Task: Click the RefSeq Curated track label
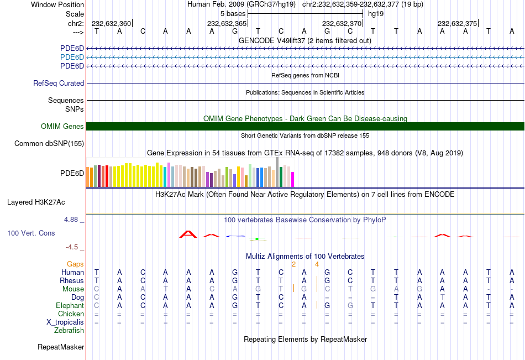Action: click(59, 84)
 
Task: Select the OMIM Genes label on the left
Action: click(62, 127)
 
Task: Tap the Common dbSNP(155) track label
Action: click(49, 144)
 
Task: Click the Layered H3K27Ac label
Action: click(36, 202)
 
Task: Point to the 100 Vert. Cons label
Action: click(31, 233)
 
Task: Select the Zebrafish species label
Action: click(69, 331)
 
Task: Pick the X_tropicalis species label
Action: click(65, 322)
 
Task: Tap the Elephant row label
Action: click(70, 306)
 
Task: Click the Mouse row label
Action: click(73, 289)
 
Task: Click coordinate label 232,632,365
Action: click(227, 24)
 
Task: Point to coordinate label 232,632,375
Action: click(457, 24)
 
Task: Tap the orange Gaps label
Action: click(75, 264)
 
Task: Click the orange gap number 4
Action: click(317, 264)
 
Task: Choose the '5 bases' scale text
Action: click(233, 13)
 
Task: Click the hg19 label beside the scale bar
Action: click(375, 13)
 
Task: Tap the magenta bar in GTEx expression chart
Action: click(293, 179)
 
